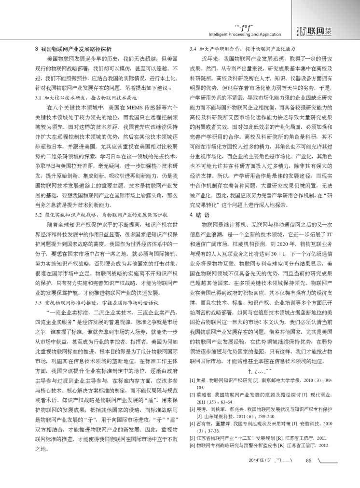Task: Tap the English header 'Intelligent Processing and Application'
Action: (238, 35)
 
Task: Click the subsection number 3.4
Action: (194, 49)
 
